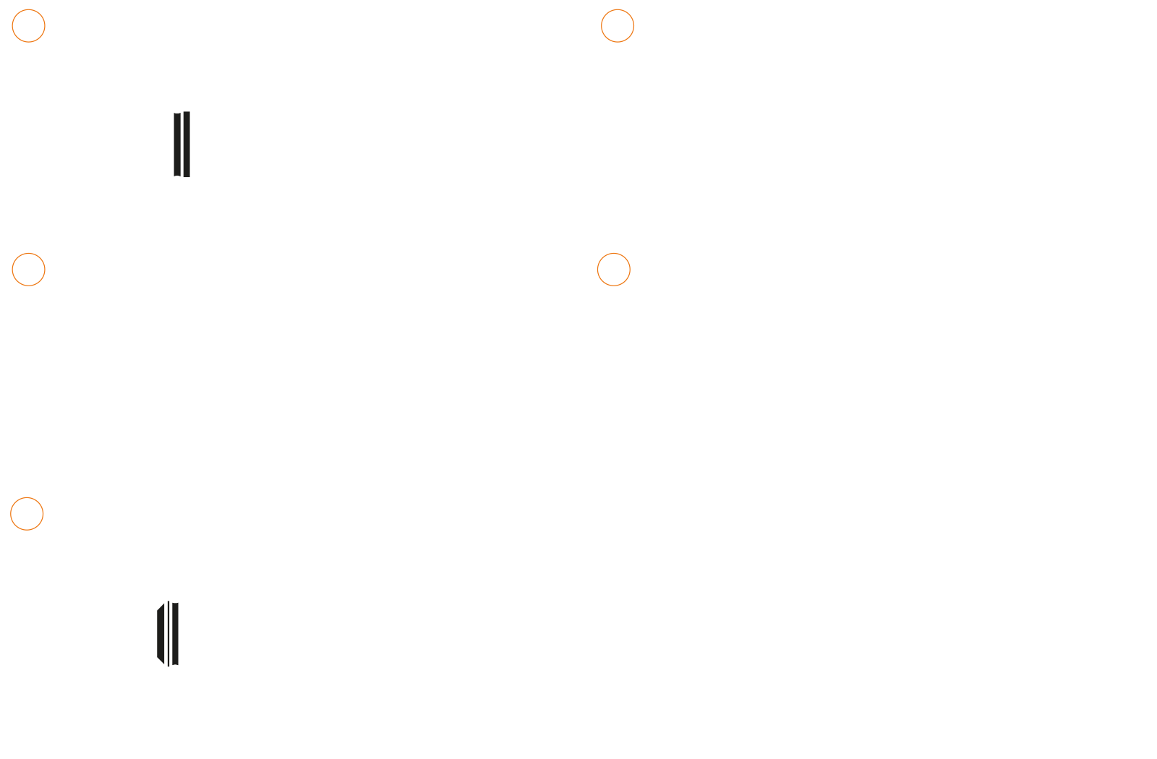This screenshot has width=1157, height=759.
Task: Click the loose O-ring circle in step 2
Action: pos(895,40)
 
